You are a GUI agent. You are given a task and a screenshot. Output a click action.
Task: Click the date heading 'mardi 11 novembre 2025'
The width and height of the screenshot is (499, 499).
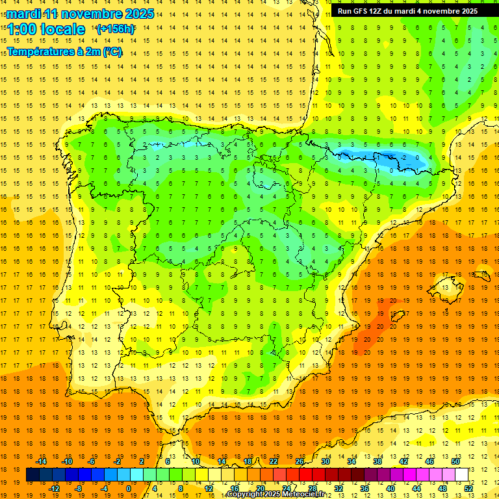81,14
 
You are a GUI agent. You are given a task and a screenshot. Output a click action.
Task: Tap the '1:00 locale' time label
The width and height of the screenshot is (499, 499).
46,29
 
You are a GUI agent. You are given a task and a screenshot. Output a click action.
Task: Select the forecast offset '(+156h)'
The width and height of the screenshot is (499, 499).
115,29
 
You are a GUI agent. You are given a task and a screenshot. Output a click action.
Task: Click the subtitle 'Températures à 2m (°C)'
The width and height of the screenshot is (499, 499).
65,52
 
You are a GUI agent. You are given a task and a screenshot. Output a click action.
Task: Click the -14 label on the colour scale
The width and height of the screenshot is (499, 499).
41,461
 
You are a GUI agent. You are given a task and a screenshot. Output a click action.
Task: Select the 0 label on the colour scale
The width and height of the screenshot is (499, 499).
129,489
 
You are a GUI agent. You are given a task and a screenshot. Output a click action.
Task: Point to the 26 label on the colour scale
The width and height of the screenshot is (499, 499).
300,461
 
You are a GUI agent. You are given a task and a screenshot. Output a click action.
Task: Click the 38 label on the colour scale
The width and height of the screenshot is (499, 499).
377,461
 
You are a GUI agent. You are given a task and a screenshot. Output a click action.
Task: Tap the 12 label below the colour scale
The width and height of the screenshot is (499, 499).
209,489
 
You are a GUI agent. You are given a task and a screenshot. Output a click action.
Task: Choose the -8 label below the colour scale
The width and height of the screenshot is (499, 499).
79,489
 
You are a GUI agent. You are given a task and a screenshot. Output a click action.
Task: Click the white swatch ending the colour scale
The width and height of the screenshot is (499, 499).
461,475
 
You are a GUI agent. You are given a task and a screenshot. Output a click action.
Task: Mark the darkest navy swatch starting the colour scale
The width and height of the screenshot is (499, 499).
32,475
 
